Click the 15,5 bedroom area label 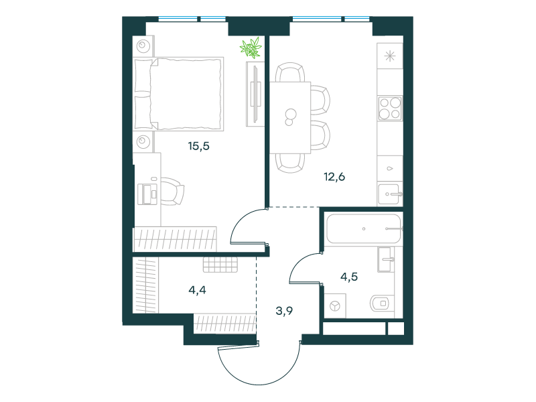(x=198, y=146)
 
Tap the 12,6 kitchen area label (x=334, y=177)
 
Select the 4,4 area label (x=197, y=290)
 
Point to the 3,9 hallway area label (x=284, y=311)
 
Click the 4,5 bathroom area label (x=349, y=277)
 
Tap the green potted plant (x=251, y=48)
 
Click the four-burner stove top (x=390, y=109)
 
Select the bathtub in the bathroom (x=363, y=228)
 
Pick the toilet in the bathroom (x=380, y=304)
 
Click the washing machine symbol (x=335, y=306)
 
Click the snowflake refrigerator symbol (x=390, y=56)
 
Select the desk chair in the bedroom (x=172, y=192)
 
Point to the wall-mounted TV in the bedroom (x=255, y=94)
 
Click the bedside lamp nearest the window (x=143, y=46)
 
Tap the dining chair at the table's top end (x=290, y=72)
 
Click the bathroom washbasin (x=386, y=259)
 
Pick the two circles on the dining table (x=291, y=117)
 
